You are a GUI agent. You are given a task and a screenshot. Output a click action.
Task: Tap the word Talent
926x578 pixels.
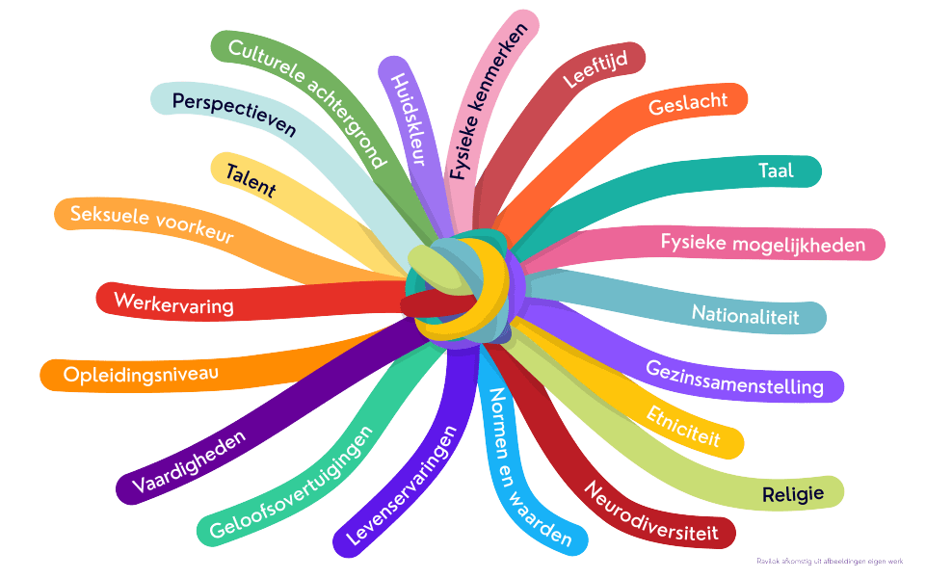tap(251, 181)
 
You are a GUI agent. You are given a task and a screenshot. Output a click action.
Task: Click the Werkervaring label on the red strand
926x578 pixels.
tap(174, 302)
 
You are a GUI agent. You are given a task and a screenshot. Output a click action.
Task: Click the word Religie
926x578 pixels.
tap(792, 494)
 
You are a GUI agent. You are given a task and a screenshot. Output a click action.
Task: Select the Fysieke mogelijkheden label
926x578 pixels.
tap(762, 244)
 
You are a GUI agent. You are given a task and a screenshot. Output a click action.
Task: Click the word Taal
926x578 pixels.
tap(776, 171)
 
